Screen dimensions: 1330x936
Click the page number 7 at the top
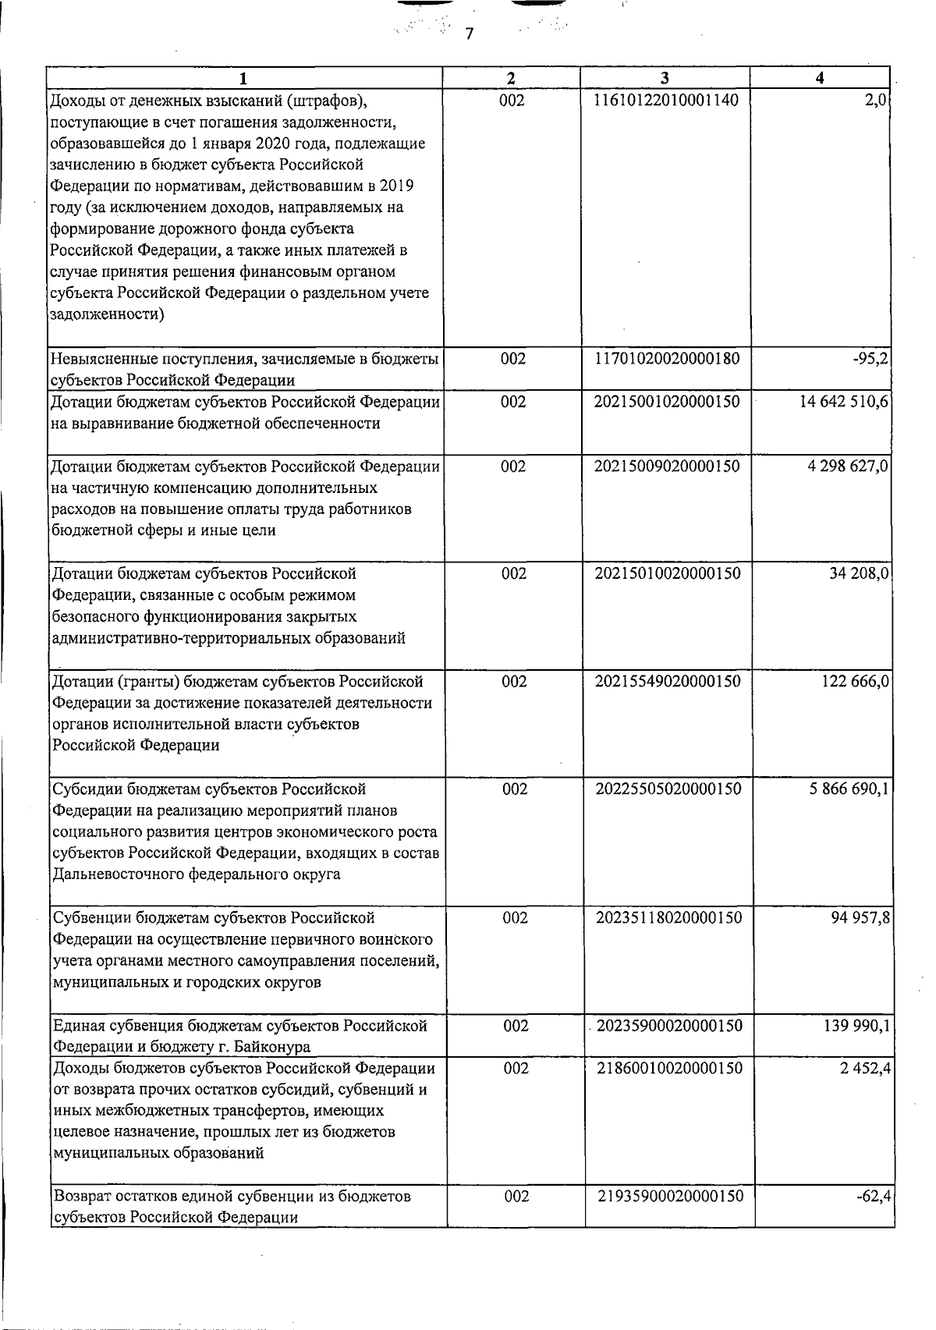(x=469, y=34)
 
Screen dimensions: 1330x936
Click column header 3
(x=664, y=78)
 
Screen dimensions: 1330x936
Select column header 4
(x=819, y=78)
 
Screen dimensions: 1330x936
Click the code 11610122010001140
(x=666, y=100)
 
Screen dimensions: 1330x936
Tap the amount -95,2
(x=871, y=359)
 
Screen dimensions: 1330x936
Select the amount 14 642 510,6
(x=841, y=402)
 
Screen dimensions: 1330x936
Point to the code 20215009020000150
(x=667, y=466)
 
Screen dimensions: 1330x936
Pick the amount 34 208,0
(x=858, y=574)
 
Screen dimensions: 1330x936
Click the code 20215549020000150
(x=668, y=682)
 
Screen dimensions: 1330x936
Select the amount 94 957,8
(x=859, y=918)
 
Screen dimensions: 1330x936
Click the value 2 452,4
(x=865, y=1069)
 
